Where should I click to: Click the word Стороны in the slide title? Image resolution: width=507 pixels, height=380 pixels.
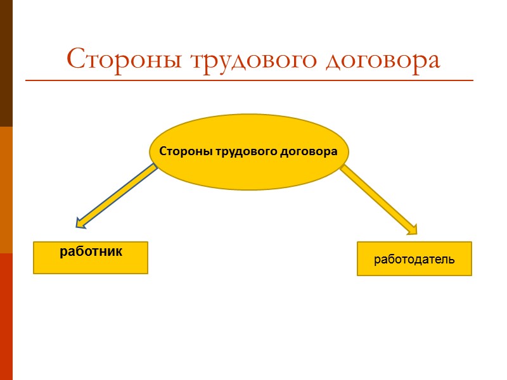coord(117,60)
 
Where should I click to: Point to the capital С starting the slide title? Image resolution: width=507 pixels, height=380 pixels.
coord(76,60)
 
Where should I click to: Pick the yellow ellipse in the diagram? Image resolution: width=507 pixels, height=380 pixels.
coord(248,174)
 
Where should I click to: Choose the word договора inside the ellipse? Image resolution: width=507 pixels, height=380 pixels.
coord(308,152)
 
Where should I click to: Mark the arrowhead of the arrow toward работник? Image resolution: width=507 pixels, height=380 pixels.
coord(80,222)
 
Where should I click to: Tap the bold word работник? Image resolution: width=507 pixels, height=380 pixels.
coord(91,251)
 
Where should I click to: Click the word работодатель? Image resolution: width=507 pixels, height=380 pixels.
coord(414,259)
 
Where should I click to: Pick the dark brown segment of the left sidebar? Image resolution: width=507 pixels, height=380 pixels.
coord(6,63)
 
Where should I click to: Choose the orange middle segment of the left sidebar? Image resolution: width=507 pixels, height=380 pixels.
coord(6,190)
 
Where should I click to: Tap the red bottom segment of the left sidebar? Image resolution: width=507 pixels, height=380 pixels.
coord(6,317)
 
